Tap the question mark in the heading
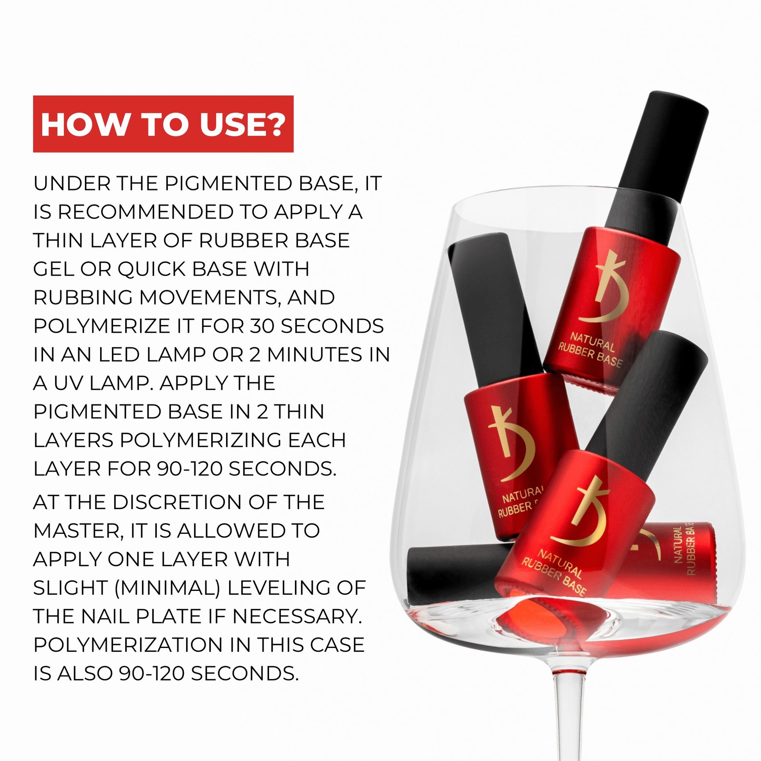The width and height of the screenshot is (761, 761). pyautogui.click(x=275, y=124)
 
